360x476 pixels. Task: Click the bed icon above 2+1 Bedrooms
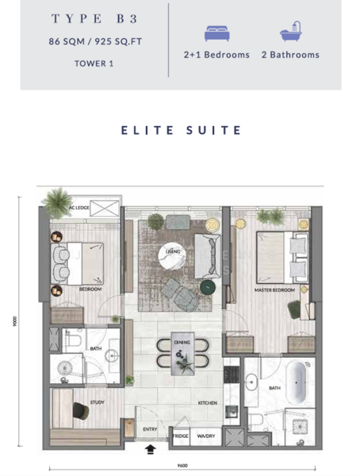click(x=216, y=33)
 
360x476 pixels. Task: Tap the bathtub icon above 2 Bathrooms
click(x=289, y=33)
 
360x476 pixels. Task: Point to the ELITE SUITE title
click(x=181, y=129)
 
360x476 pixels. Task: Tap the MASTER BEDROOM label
click(x=274, y=290)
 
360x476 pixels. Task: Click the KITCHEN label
click(x=208, y=403)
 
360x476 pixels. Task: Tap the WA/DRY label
click(x=206, y=436)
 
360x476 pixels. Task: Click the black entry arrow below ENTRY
click(x=151, y=451)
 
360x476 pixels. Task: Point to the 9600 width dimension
click(x=181, y=466)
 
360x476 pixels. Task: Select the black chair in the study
click(x=81, y=412)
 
